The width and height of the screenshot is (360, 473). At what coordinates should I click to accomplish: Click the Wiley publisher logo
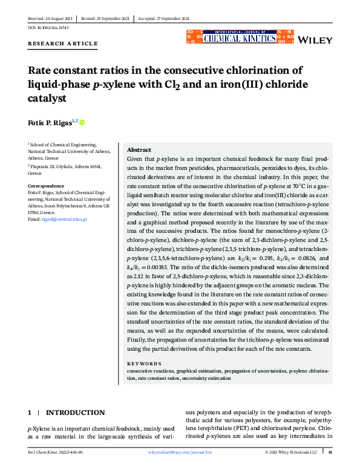tap(316, 40)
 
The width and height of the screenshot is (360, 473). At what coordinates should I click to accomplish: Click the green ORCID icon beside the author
tap(82, 123)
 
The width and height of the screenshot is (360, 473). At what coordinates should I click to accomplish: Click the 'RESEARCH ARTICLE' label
tap(62, 44)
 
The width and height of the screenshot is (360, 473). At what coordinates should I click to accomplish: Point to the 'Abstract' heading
tap(139, 150)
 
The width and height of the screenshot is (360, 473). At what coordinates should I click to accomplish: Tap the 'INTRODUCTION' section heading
tap(75, 413)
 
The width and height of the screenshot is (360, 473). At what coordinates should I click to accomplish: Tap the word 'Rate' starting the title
tap(41, 70)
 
